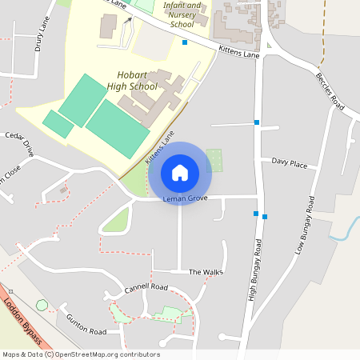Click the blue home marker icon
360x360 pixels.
tap(180, 172)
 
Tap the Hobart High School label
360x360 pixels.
tap(131, 80)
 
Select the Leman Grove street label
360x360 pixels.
tap(185, 198)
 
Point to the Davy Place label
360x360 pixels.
tap(289, 163)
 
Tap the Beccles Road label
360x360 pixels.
tap(329, 94)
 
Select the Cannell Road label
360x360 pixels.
tap(146, 286)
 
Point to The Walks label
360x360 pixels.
tap(206, 272)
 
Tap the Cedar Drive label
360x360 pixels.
tap(20, 143)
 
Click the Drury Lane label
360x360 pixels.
tap(42, 37)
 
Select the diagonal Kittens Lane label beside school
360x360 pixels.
tap(159, 150)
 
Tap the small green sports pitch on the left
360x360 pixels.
tap(58, 124)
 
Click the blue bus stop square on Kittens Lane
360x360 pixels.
tap(185, 42)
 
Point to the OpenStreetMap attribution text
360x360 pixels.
tap(80, 354)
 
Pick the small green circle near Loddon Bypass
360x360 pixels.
tap(42, 305)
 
